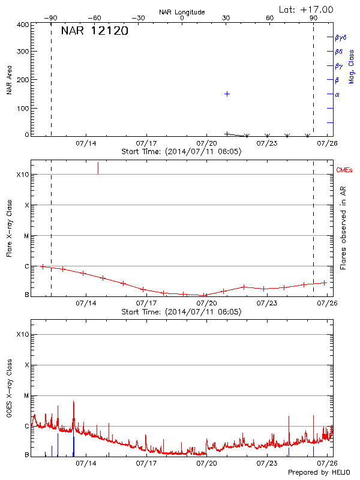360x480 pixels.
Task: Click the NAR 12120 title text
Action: (x=94, y=32)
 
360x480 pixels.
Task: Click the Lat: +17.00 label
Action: (x=306, y=9)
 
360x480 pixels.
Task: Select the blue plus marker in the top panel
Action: (x=227, y=94)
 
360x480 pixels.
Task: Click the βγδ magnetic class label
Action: (x=340, y=37)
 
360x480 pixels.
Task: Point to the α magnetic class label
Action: (x=337, y=94)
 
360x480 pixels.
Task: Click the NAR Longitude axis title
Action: (x=182, y=12)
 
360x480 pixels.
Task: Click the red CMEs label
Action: (x=345, y=170)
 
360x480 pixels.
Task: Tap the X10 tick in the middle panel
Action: (x=22, y=175)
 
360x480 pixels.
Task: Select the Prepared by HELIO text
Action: (x=317, y=472)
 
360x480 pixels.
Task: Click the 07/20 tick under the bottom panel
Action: (x=207, y=463)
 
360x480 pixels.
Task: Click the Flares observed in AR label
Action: (x=343, y=231)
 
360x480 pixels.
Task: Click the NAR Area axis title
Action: (x=9, y=81)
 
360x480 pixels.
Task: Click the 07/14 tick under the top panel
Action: (x=86, y=143)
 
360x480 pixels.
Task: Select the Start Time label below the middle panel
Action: (x=181, y=311)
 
